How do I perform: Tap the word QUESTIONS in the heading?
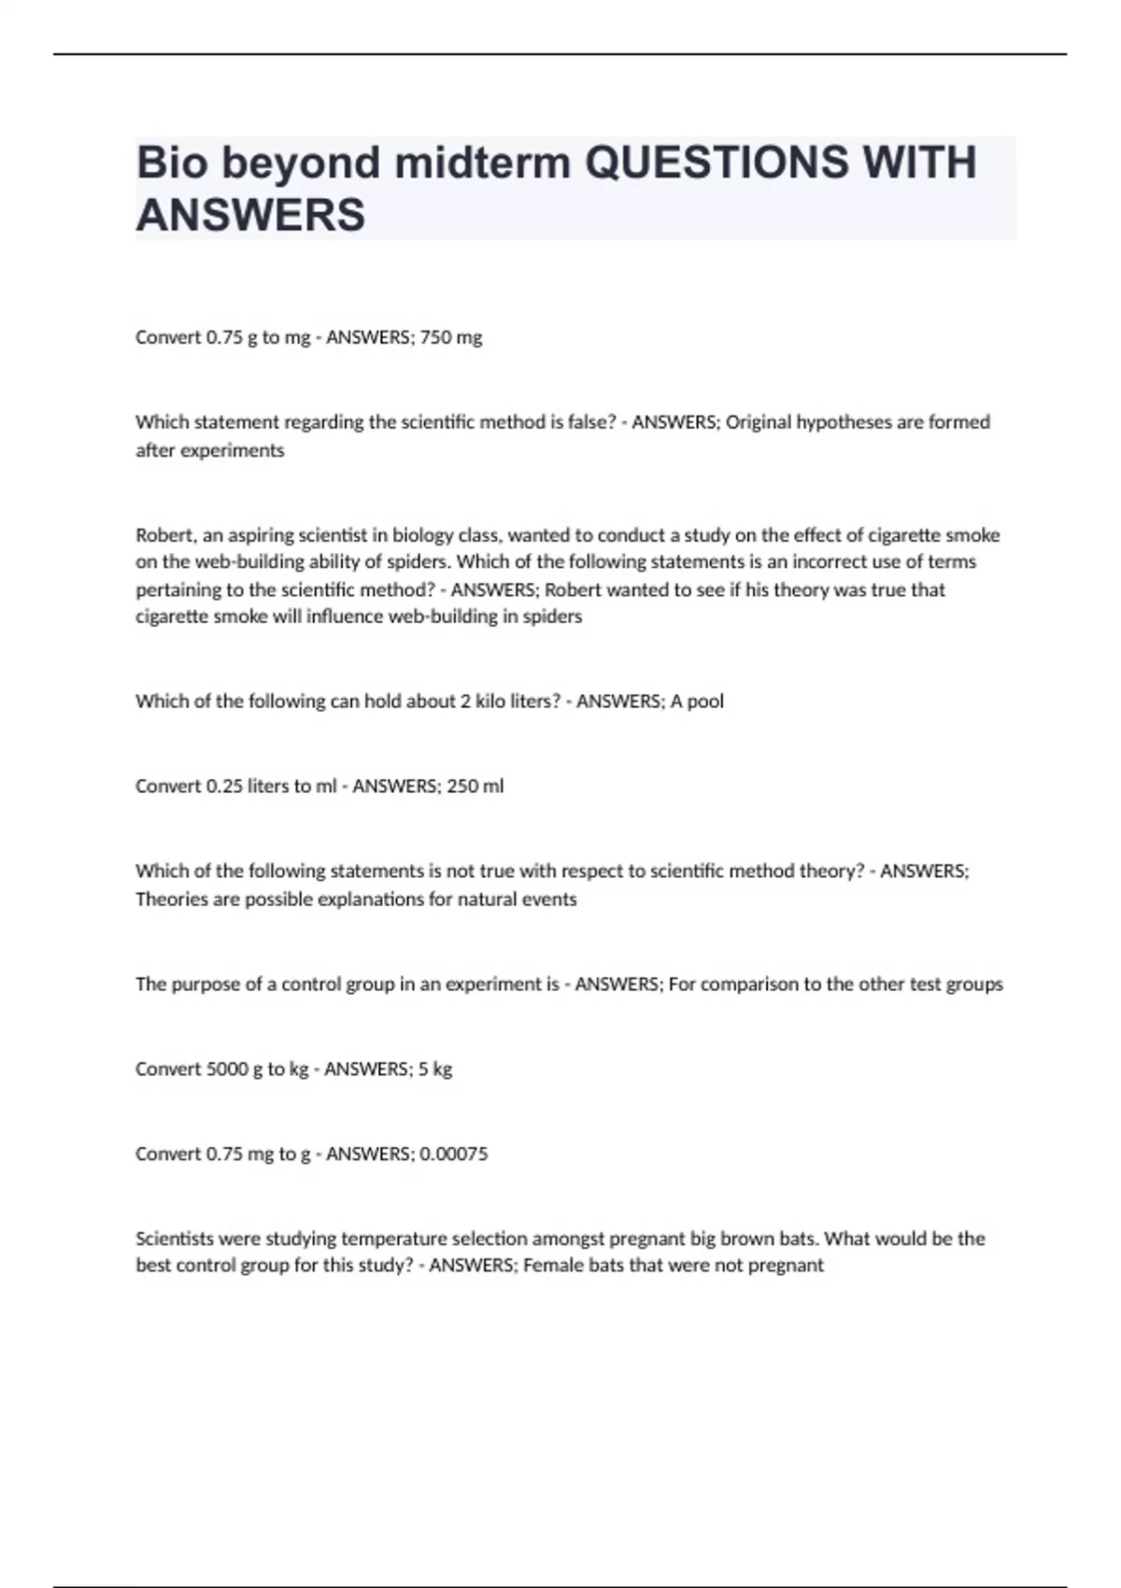[717, 163]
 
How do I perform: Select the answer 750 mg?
[451, 337]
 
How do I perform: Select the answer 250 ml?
[475, 787]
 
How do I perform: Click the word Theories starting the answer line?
[173, 900]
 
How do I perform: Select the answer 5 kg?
[435, 1070]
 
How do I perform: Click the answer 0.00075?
[454, 1155]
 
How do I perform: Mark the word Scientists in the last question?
[177, 1240]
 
